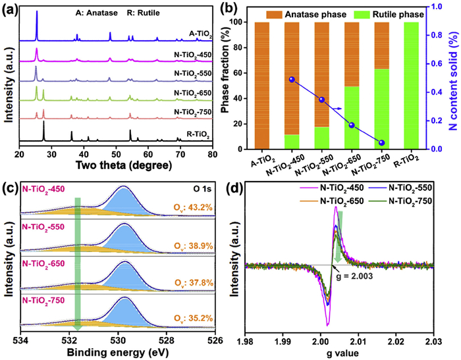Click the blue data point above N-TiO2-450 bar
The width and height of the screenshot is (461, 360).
point(291,80)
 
